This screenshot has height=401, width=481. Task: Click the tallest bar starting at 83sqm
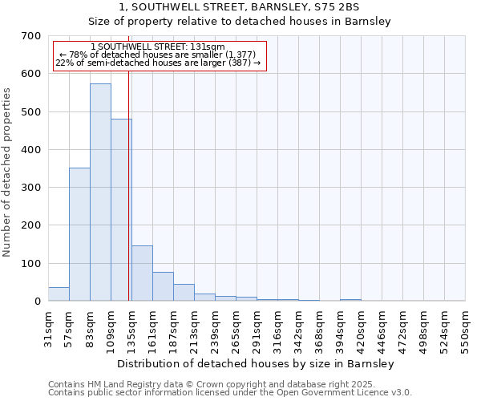[100, 192]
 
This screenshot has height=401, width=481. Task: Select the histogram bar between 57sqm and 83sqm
[79, 234]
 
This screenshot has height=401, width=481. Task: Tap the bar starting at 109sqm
[121, 210]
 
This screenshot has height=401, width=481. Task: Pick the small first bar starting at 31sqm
[59, 294]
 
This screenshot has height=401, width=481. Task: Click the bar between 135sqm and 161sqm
[142, 273]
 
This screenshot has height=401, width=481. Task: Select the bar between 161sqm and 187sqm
[163, 286]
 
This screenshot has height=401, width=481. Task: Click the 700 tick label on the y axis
[31, 36]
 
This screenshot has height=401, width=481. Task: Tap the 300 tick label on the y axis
[31, 188]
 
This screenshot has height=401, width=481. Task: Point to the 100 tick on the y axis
[31, 263]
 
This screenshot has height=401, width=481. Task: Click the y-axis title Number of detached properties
[8, 172]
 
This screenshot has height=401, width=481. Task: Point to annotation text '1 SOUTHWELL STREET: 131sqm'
[158, 47]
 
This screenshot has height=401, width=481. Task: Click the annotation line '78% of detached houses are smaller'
[158, 55]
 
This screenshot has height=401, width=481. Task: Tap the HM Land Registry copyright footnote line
[228, 384]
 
